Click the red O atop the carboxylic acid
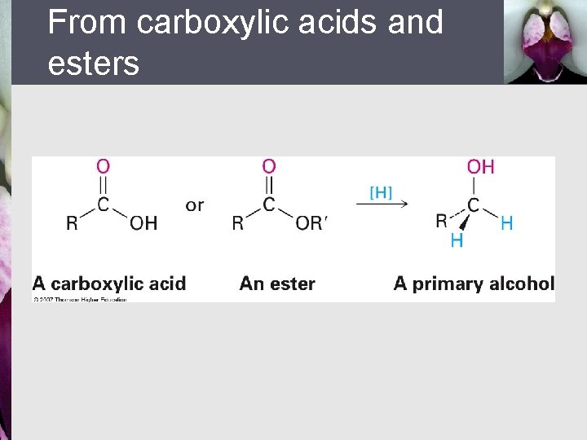coord(103,166)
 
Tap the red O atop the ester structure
coord(269,166)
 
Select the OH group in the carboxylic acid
coord(143,223)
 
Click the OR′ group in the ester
coord(311,223)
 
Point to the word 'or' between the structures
coord(195,205)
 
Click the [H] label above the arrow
coord(381,192)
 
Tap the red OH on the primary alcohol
coord(480,167)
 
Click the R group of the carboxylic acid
coord(72,223)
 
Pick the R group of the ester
coord(237,223)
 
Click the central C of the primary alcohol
coord(473,205)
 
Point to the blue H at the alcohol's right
coord(507,223)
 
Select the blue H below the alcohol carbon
coord(457,240)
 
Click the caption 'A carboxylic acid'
coord(109,284)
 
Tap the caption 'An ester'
coord(277,284)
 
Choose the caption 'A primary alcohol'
coord(474,284)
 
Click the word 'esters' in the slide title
coord(94,63)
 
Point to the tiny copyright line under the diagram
coord(80,299)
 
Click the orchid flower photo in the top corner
coord(545,41)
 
